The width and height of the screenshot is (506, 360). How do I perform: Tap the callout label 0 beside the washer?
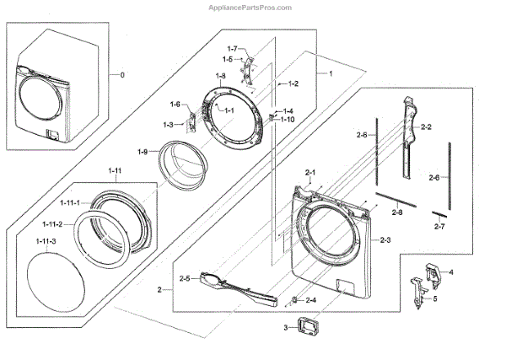click(122, 75)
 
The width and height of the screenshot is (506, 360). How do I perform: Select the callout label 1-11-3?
click(46, 242)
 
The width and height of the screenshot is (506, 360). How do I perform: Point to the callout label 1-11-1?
click(67, 202)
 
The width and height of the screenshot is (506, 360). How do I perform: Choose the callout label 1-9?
click(143, 152)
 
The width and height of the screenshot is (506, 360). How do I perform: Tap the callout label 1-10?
click(288, 121)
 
